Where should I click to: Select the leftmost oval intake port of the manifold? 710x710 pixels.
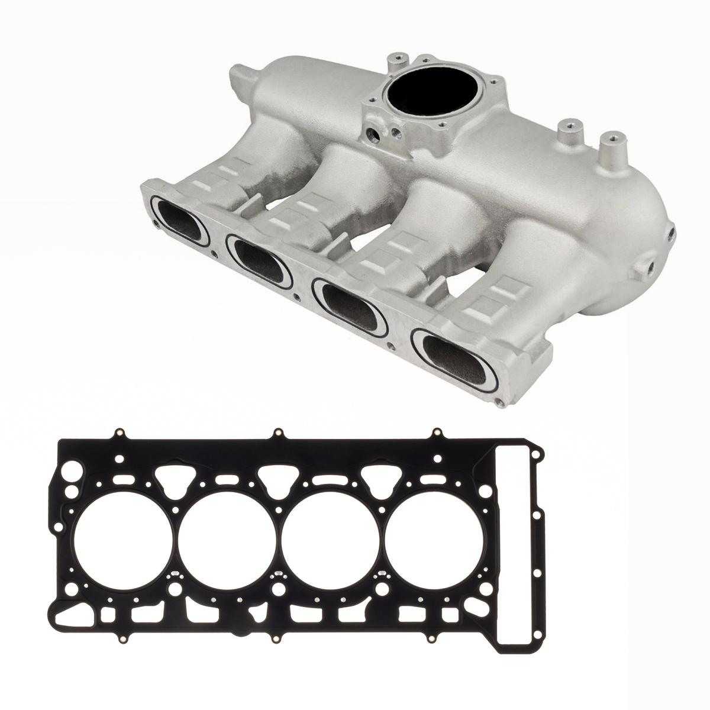coord(179,222)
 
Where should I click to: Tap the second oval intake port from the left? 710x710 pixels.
coord(259,259)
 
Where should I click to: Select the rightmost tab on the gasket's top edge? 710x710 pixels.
coord(437,434)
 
